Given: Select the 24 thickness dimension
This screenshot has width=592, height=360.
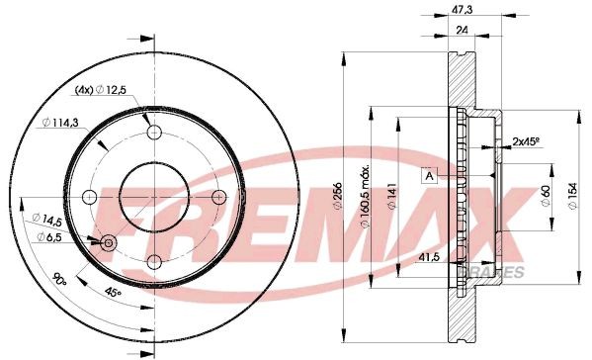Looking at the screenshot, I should (x=461, y=30).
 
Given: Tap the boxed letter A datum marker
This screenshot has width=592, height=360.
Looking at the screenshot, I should (x=430, y=177).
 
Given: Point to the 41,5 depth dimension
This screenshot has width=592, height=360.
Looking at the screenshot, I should (x=427, y=255).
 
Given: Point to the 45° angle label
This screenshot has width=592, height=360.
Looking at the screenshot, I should (x=116, y=292).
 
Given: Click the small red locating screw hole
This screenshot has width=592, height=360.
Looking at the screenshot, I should (x=107, y=241).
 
